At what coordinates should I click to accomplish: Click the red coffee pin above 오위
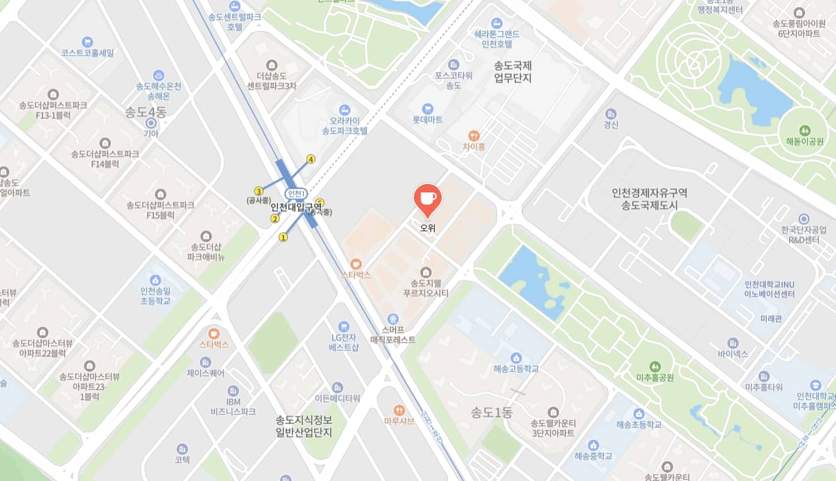(427, 198)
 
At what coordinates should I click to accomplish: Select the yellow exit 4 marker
(311, 159)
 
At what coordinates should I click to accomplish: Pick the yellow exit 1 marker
(283, 238)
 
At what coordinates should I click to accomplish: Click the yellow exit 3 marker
(259, 191)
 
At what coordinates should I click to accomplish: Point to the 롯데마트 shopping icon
(428, 108)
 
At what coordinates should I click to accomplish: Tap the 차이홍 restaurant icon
(474, 135)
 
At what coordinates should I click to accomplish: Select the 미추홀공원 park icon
(655, 366)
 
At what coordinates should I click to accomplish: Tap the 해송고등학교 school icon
(516, 357)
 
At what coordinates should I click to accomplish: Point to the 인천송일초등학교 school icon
(155, 280)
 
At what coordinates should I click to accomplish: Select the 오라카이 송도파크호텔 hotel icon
(345, 109)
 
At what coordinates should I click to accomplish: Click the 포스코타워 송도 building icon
(454, 64)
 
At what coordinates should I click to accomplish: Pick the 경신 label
(611, 125)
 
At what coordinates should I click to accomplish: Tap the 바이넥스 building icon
(733, 343)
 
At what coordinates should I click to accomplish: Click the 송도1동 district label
(491, 412)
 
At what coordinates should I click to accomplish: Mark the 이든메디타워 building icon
(338, 387)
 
